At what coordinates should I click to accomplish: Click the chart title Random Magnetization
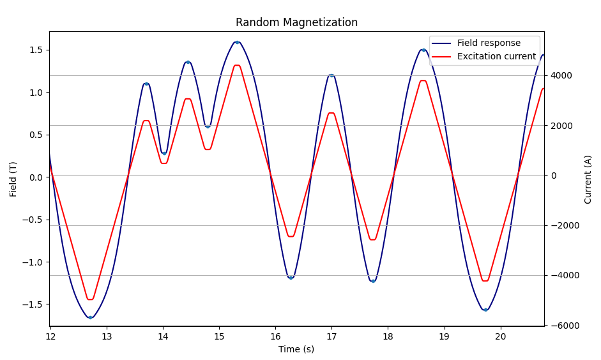(x=296, y=22)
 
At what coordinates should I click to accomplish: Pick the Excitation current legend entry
(x=496, y=57)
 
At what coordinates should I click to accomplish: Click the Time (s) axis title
(x=296, y=349)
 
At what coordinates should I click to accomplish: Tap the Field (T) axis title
(x=13, y=179)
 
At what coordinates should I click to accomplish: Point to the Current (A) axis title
(x=588, y=179)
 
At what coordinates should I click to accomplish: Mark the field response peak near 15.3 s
(x=237, y=42)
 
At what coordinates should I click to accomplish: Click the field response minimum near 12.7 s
(x=90, y=317)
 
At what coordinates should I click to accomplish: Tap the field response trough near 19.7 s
(x=485, y=310)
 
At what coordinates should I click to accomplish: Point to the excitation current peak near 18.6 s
(x=423, y=80)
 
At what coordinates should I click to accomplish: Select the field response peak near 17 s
(x=331, y=75)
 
